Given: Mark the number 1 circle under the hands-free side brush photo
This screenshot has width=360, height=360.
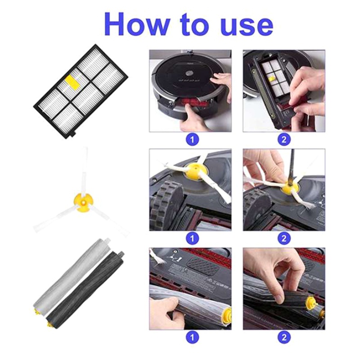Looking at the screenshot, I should (x=192, y=238).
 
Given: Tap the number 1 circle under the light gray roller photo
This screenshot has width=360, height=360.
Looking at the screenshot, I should (x=192, y=337).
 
